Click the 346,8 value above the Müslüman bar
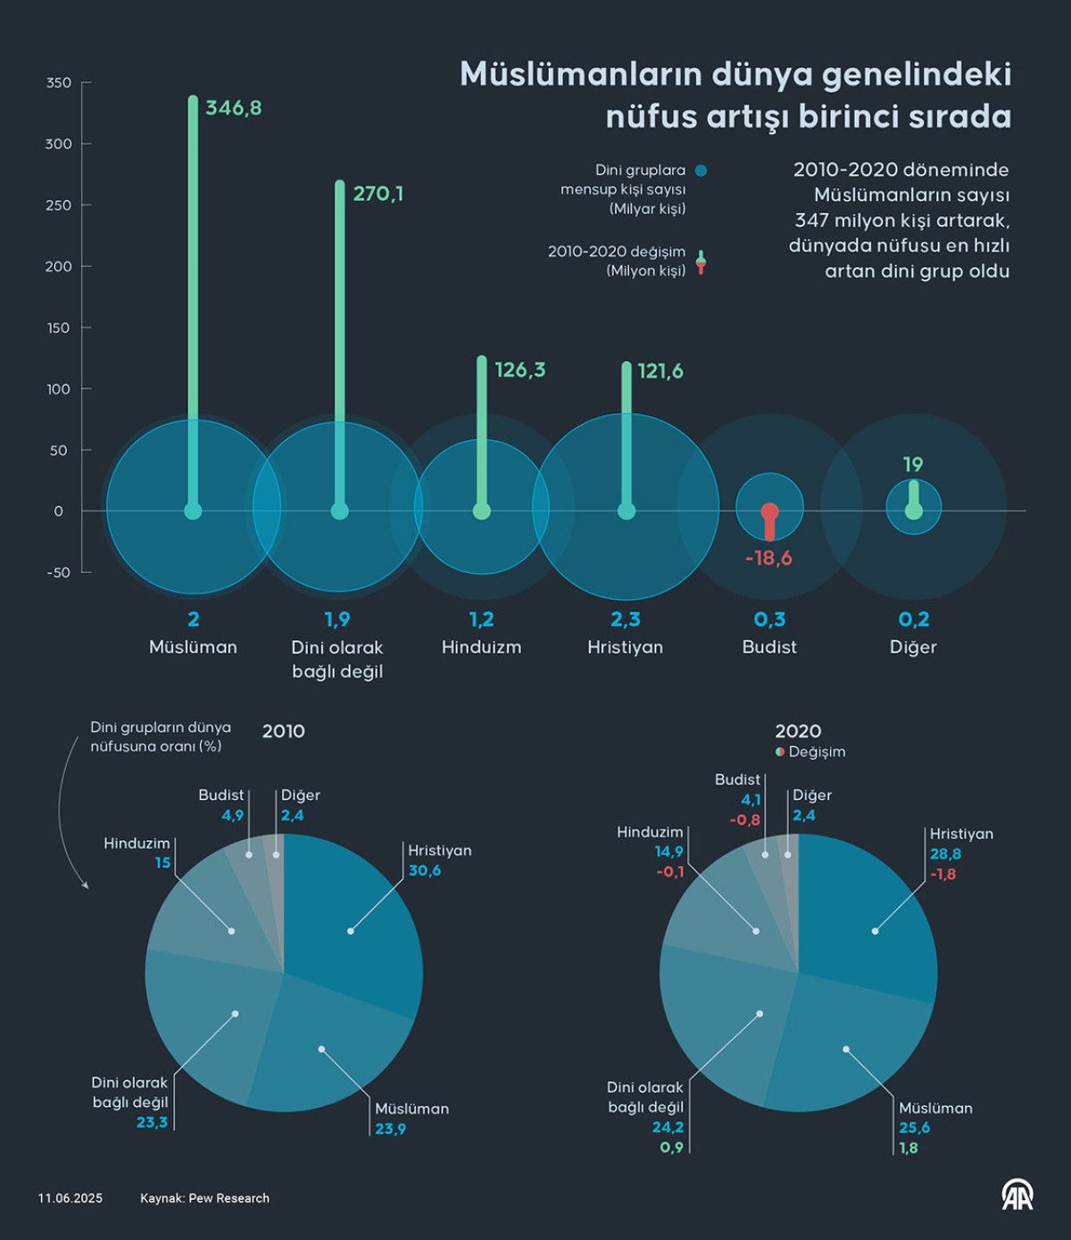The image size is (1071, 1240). [233, 108]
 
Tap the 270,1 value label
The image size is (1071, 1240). [378, 194]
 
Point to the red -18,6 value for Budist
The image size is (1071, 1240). [768, 558]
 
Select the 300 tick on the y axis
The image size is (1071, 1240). [58, 144]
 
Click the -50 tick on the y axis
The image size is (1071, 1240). [58, 572]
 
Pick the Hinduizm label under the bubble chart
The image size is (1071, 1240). [481, 647]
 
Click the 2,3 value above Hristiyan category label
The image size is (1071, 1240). [626, 620]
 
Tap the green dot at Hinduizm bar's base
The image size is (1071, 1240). [481, 512]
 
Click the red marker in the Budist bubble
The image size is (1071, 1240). [770, 512]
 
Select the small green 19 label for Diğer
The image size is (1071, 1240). [912, 464]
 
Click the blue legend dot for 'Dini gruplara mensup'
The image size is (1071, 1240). [701, 171]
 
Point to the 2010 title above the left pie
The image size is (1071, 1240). [283, 731]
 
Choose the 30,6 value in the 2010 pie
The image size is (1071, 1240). [424, 870]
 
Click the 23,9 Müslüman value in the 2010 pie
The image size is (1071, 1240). [390, 1128]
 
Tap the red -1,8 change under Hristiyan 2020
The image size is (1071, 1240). [942, 874]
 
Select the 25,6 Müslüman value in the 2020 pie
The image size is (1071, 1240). [914, 1128]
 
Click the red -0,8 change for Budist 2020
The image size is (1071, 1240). [744, 820]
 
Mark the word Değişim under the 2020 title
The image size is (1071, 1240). [817, 752]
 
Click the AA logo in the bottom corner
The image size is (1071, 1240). [1017, 1194]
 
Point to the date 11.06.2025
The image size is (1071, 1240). [70, 1198]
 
